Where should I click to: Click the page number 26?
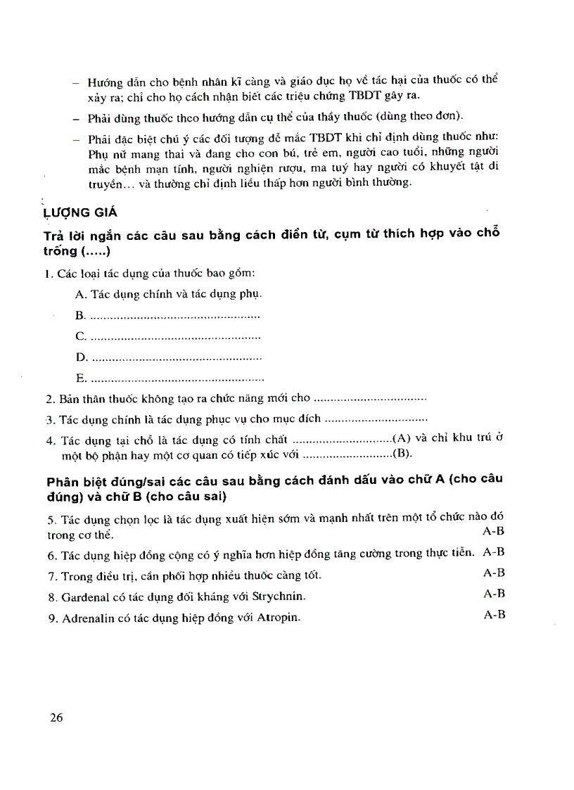click(x=56, y=718)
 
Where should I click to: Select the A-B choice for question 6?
click(x=495, y=552)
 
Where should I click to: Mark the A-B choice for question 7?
click(x=495, y=573)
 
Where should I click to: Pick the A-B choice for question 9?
click(x=495, y=614)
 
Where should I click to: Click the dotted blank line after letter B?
click(x=176, y=317)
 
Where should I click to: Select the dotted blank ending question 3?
click(x=377, y=419)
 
